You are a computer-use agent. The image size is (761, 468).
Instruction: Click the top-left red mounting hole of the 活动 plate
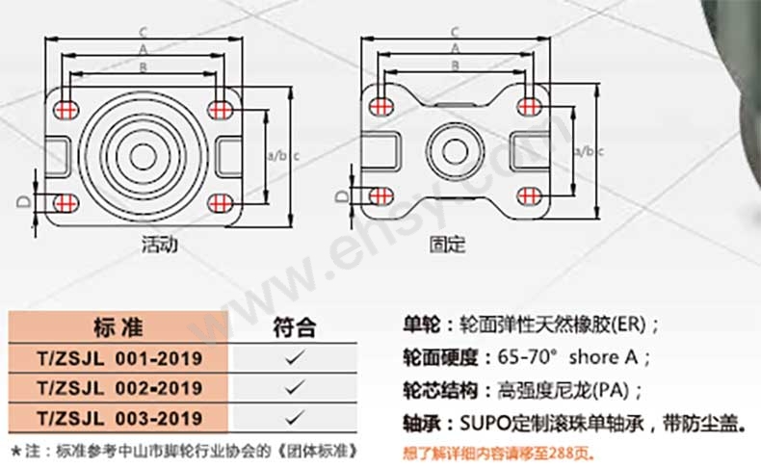click(x=66, y=110)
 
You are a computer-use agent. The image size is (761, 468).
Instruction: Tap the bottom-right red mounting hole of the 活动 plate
click(x=220, y=203)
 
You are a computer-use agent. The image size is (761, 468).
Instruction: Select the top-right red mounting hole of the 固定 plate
click(x=530, y=106)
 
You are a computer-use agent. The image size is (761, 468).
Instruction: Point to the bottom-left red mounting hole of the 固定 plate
click(x=381, y=196)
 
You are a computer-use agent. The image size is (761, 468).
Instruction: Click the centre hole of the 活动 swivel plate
click(x=144, y=157)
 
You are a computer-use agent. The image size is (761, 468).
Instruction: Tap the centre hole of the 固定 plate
click(x=456, y=152)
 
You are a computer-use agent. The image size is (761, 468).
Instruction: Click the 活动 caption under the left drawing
click(x=159, y=244)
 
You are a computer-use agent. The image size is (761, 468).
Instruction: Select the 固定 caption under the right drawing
click(x=448, y=244)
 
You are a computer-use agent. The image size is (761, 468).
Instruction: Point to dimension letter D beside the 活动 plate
click(x=24, y=201)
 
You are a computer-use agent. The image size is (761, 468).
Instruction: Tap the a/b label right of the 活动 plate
click(x=277, y=156)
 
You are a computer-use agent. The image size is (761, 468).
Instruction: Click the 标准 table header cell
click(x=118, y=327)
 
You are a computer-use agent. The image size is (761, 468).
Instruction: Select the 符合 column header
click(x=294, y=327)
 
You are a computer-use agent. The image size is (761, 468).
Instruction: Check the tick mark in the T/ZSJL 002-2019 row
click(x=295, y=388)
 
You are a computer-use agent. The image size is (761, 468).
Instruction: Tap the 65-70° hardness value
click(x=526, y=357)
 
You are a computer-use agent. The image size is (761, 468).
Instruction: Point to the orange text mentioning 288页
click(x=498, y=454)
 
